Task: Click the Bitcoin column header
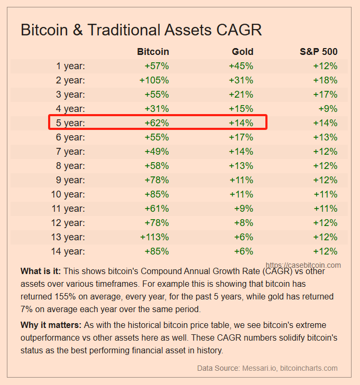(153, 52)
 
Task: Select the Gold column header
(243, 52)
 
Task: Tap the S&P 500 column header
(318, 52)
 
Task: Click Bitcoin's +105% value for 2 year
(154, 80)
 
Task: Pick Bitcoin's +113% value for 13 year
(154, 237)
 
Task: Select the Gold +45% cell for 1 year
(241, 66)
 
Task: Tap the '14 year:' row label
(68, 251)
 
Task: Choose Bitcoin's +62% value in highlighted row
(156, 123)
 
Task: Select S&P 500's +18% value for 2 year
(325, 80)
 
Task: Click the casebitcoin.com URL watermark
(303, 265)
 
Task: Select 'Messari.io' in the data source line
(255, 368)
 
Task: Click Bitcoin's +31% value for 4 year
(156, 109)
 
